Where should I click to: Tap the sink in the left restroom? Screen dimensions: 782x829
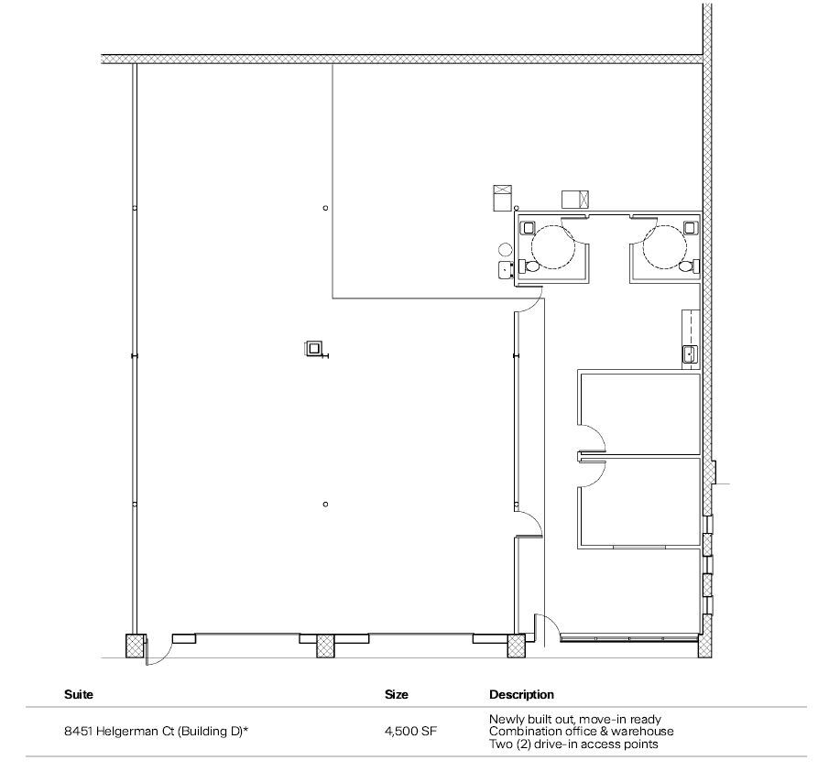pos(528,227)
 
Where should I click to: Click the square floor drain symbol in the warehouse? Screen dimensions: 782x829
pos(314,348)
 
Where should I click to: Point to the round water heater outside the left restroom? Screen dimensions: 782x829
pos(505,248)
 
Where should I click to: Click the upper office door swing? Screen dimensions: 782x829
pos(591,438)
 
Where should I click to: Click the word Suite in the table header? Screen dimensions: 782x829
pos(79,695)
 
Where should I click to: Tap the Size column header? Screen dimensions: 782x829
pos(397,695)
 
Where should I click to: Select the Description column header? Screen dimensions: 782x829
pos(521,695)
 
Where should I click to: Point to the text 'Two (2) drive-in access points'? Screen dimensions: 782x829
pos(573,744)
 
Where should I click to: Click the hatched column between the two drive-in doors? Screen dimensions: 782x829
pos(327,646)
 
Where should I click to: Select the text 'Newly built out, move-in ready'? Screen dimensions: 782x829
pos(574,720)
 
